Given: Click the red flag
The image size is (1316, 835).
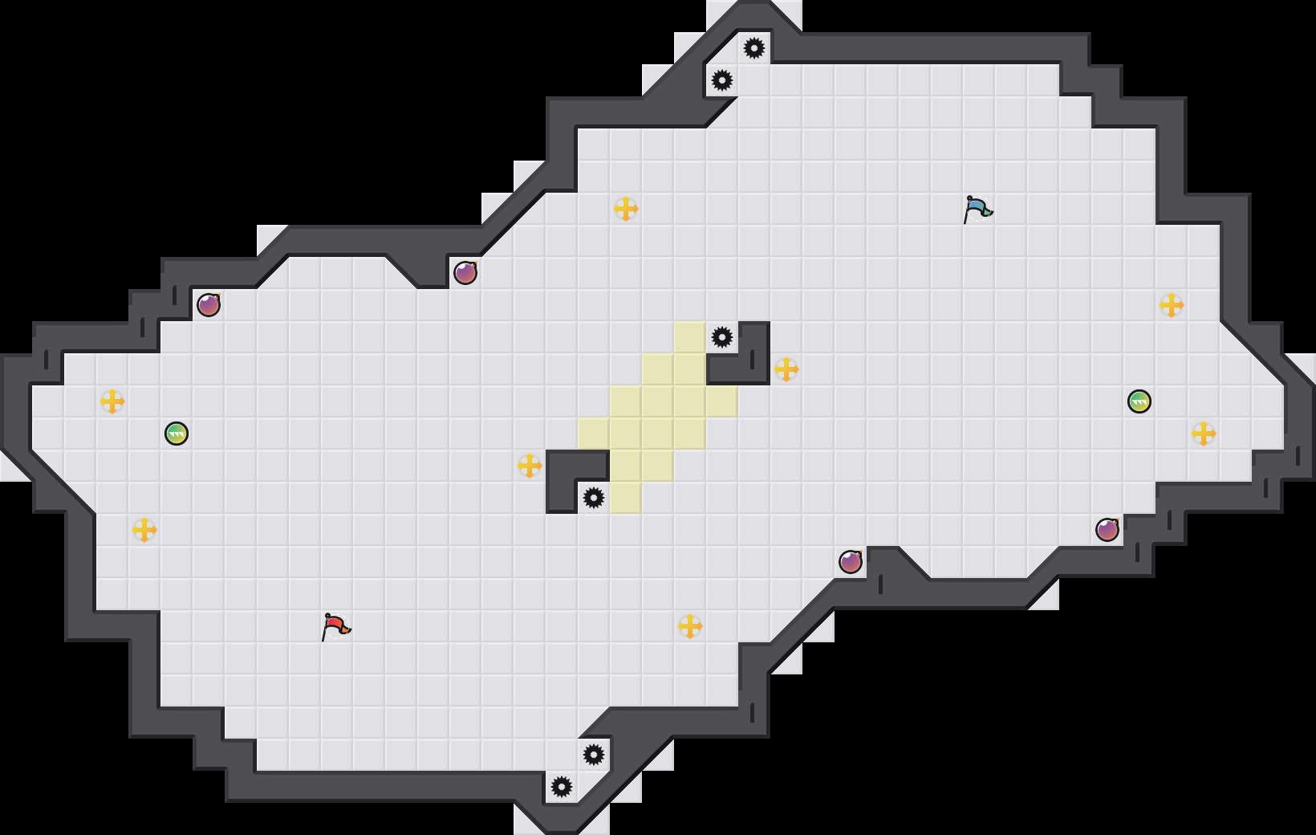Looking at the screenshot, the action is [x=335, y=626].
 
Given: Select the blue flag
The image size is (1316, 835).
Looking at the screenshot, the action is [x=977, y=209].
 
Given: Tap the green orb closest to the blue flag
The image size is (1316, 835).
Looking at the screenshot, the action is [x=1139, y=401].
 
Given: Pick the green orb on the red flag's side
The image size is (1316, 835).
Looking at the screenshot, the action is [x=177, y=434].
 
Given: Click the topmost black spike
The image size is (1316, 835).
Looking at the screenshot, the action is [x=754, y=48].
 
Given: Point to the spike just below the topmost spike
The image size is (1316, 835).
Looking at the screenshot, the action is [x=722, y=80].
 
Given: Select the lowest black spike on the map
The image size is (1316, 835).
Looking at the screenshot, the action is [x=562, y=787].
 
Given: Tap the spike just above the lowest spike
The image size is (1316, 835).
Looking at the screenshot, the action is [x=594, y=755].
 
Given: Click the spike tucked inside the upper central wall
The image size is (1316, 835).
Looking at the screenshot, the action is [x=722, y=337].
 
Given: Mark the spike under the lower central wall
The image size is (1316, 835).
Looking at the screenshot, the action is [x=594, y=498].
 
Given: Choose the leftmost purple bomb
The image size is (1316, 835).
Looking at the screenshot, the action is [x=209, y=305].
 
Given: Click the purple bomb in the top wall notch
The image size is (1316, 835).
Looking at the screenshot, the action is [x=465, y=273].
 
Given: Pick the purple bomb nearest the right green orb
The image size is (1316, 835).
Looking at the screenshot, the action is [x=1107, y=530].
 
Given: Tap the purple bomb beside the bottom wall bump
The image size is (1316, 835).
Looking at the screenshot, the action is [x=851, y=562].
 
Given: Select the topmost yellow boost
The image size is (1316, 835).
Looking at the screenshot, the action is [x=626, y=209].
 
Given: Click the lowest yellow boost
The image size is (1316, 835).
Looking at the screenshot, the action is [x=690, y=626].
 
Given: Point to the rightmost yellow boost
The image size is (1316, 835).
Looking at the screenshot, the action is [x=1204, y=434].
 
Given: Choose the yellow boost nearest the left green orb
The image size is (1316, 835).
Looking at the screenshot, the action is [x=112, y=401].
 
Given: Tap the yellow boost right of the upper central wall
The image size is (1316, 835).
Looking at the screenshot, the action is [x=786, y=369].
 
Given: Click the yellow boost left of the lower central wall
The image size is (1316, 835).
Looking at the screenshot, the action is [x=530, y=466].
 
